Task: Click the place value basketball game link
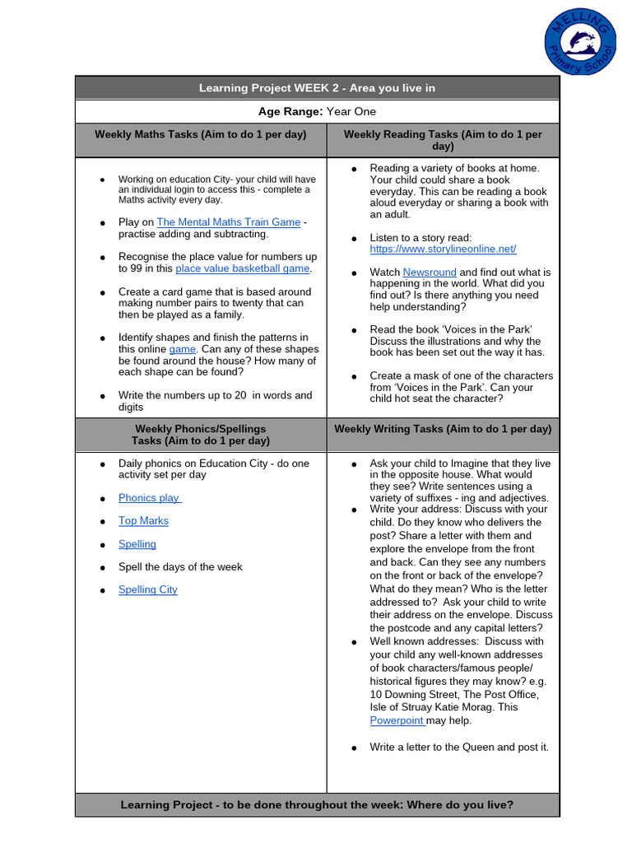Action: (x=242, y=268)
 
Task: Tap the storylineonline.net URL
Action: (x=443, y=249)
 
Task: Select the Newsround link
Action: (x=429, y=272)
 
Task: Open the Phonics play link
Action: (x=149, y=498)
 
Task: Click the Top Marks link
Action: (x=143, y=521)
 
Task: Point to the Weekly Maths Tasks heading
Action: (x=201, y=134)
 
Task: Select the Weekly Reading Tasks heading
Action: (x=443, y=140)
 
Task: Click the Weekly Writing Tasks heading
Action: (x=443, y=429)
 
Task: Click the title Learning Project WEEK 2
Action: (x=317, y=88)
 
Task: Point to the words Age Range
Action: (x=291, y=111)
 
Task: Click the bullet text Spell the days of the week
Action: (x=180, y=567)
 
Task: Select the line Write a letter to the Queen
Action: (x=458, y=748)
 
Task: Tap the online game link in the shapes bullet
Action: (x=182, y=349)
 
